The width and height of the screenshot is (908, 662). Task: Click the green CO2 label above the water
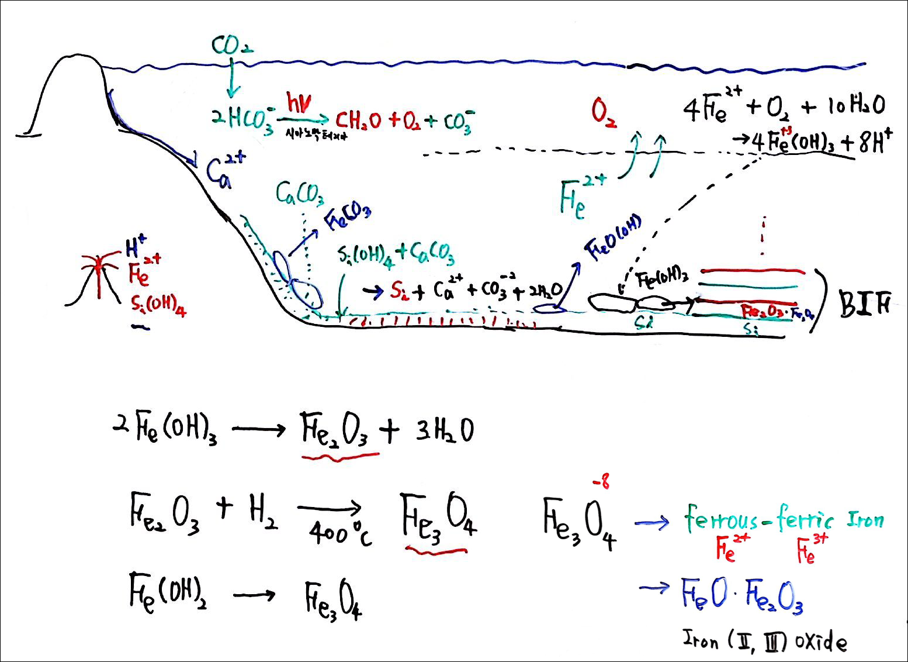point(231,46)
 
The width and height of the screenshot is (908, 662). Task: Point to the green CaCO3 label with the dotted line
point(300,195)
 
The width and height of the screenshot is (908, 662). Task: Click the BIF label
point(865,304)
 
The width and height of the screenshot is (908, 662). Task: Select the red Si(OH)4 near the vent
point(158,305)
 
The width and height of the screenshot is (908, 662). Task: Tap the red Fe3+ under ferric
point(813,549)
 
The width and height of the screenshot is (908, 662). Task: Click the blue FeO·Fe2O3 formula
point(742,596)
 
